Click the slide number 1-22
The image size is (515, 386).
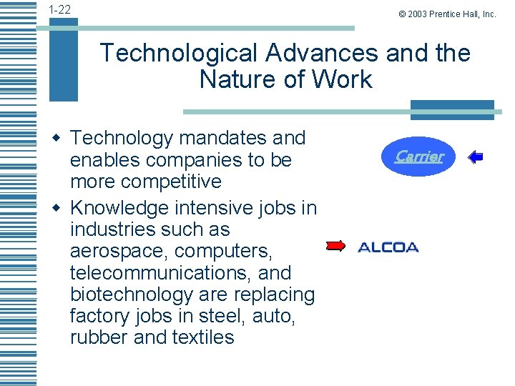click(x=59, y=10)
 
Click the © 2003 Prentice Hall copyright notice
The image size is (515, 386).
click(x=448, y=14)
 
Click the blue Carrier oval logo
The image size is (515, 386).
click(x=420, y=156)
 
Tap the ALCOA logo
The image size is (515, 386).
click(x=388, y=247)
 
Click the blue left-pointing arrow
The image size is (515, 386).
click(x=475, y=157)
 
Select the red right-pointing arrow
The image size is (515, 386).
click(x=335, y=247)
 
